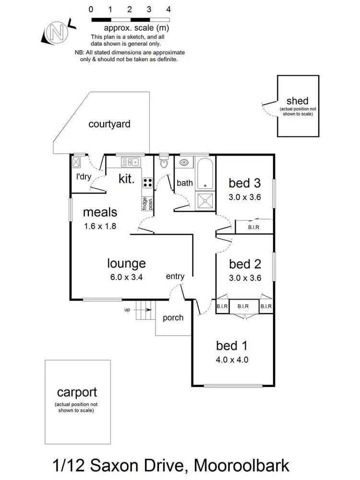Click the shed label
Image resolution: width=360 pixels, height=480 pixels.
(297, 101)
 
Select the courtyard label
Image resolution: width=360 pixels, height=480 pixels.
(109, 124)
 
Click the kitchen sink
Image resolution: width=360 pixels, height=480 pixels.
(130, 161)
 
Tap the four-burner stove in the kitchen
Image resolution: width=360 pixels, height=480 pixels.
(148, 182)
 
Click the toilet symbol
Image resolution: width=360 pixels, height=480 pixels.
(164, 163)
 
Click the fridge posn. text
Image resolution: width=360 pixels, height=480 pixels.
(144, 204)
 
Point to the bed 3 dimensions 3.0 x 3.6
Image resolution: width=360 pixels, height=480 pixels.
(245, 196)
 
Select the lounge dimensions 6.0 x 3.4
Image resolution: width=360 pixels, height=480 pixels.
(126, 276)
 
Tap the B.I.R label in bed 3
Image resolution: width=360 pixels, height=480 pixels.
(253, 227)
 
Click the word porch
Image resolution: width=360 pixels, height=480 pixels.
(173, 318)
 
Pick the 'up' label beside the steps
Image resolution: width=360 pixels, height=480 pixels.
(127, 310)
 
